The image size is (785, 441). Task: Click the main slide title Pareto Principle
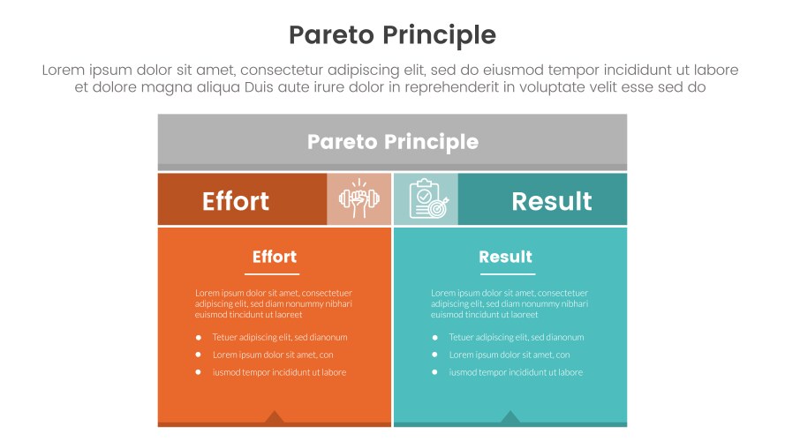(x=392, y=34)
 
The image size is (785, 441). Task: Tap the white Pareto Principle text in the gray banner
(x=392, y=142)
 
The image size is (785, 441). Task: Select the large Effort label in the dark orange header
(x=236, y=201)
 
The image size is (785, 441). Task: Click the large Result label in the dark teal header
(x=551, y=201)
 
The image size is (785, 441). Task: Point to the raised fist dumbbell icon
(x=359, y=200)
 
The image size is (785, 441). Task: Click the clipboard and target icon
(x=426, y=199)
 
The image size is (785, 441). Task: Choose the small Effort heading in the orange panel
(x=275, y=257)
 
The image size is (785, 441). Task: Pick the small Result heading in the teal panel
(x=505, y=257)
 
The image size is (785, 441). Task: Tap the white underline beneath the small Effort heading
(x=272, y=274)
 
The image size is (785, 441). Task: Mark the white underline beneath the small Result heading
(x=508, y=274)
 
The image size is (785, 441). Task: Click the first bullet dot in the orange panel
(x=199, y=337)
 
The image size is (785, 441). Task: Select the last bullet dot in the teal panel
(x=434, y=372)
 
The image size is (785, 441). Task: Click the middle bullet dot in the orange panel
(x=199, y=355)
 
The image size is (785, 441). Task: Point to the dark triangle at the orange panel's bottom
(x=275, y=416)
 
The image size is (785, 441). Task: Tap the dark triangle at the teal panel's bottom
(x=509, y=416)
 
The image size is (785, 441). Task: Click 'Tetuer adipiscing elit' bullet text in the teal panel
(x=516, y=337)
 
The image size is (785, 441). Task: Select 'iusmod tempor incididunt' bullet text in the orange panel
(x=279, y=372)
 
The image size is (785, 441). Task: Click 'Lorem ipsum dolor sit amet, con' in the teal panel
(x=509, y=355)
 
